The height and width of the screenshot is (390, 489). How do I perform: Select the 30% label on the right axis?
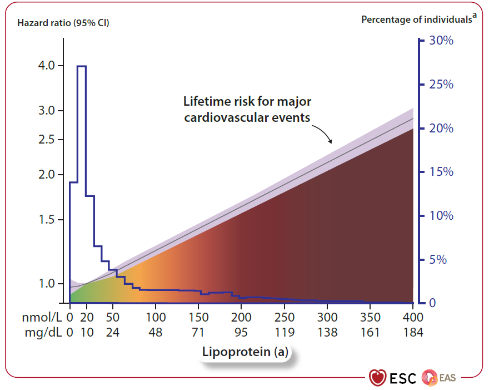tap(441, 41)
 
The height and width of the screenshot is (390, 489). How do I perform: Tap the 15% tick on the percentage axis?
tap(441, 172)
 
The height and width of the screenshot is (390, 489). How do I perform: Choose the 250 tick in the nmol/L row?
tap(284, 318)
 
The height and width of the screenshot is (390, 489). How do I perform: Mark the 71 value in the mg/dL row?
tap(198, 333)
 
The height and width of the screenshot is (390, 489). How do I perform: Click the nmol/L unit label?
tap(41, 318)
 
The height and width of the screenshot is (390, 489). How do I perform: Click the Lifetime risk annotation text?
tap(247, 110)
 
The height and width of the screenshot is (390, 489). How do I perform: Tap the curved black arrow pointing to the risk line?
tap(323, 133)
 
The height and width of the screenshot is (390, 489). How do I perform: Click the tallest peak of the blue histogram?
tap(81, 66)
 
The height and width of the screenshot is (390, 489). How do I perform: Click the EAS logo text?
tap(447, 378)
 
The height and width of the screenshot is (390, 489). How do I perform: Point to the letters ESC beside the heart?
tap(402, 378)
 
